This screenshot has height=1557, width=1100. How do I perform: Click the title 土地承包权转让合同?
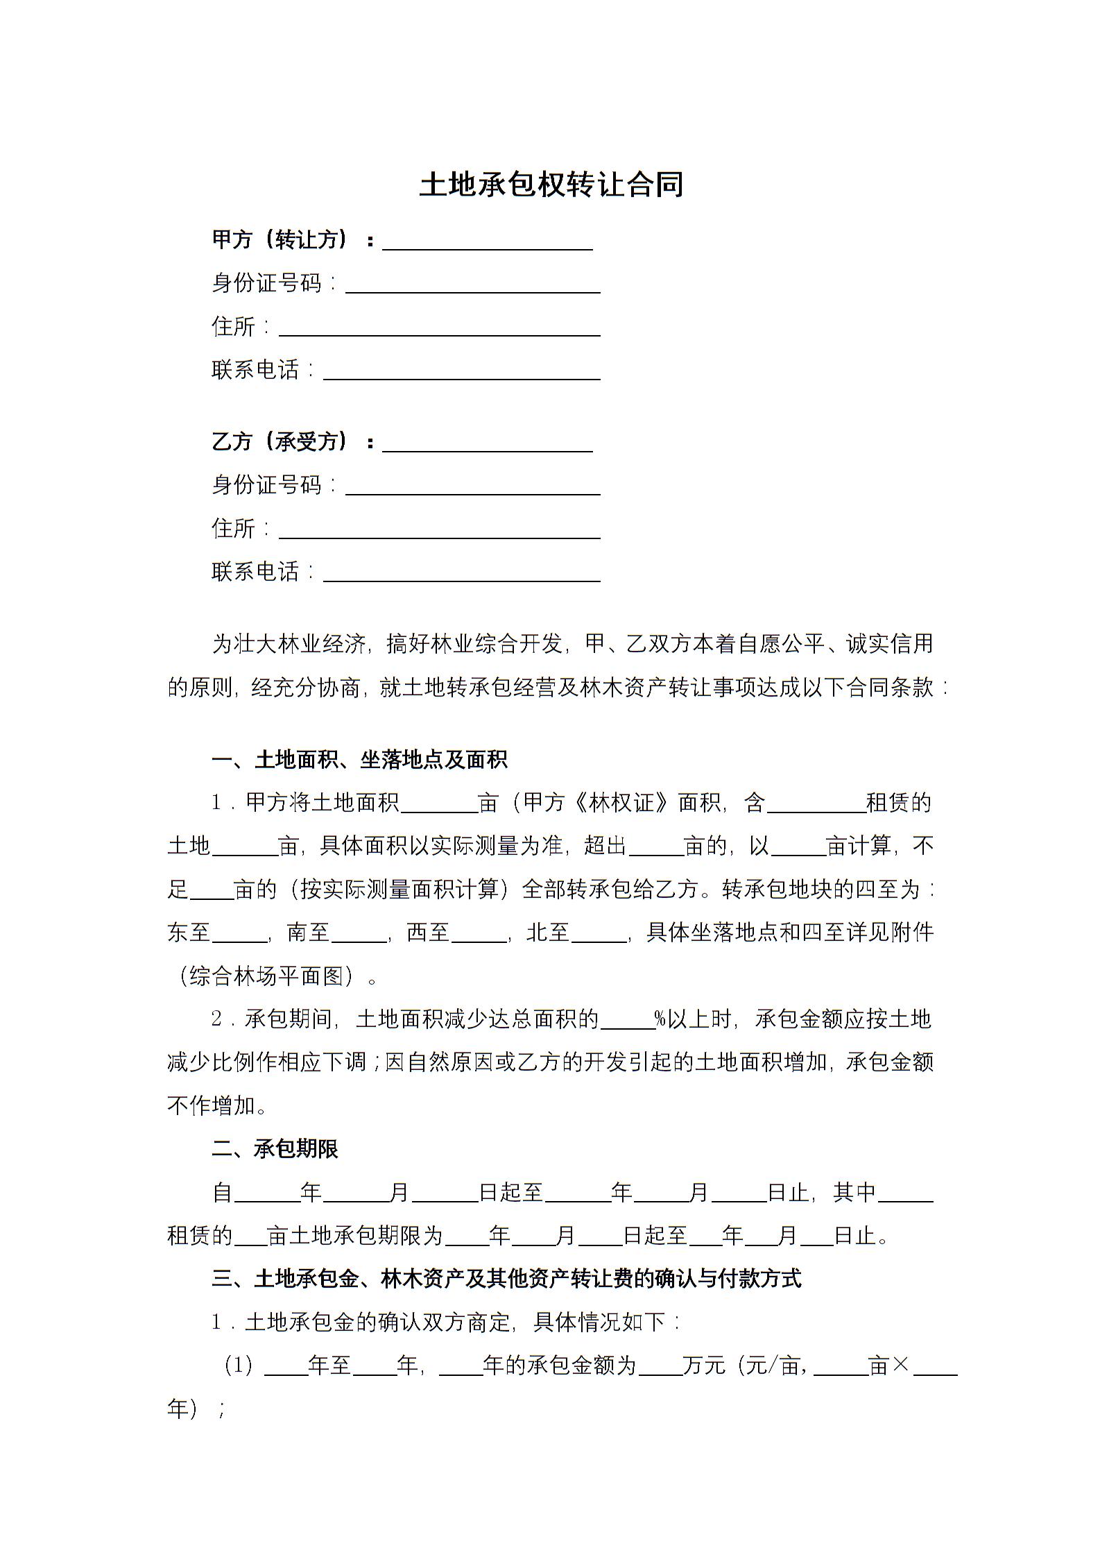tap(551, 185)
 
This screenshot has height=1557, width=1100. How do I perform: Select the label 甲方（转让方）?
tap(280, 240)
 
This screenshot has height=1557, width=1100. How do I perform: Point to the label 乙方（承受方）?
tap(280, 442)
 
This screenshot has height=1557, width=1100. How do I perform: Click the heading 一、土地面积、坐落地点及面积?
tap(359, 760)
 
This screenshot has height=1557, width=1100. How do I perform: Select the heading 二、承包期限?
tap(275, 1150)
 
